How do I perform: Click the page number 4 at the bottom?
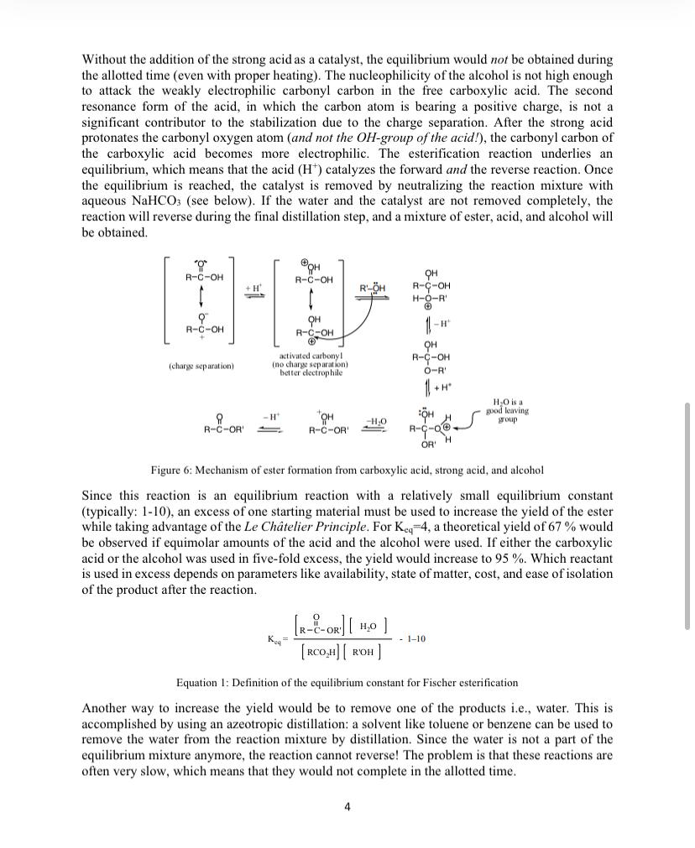coord(347,807)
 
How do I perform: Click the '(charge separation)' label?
coord(201,367)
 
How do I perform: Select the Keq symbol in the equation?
coord(276,639)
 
